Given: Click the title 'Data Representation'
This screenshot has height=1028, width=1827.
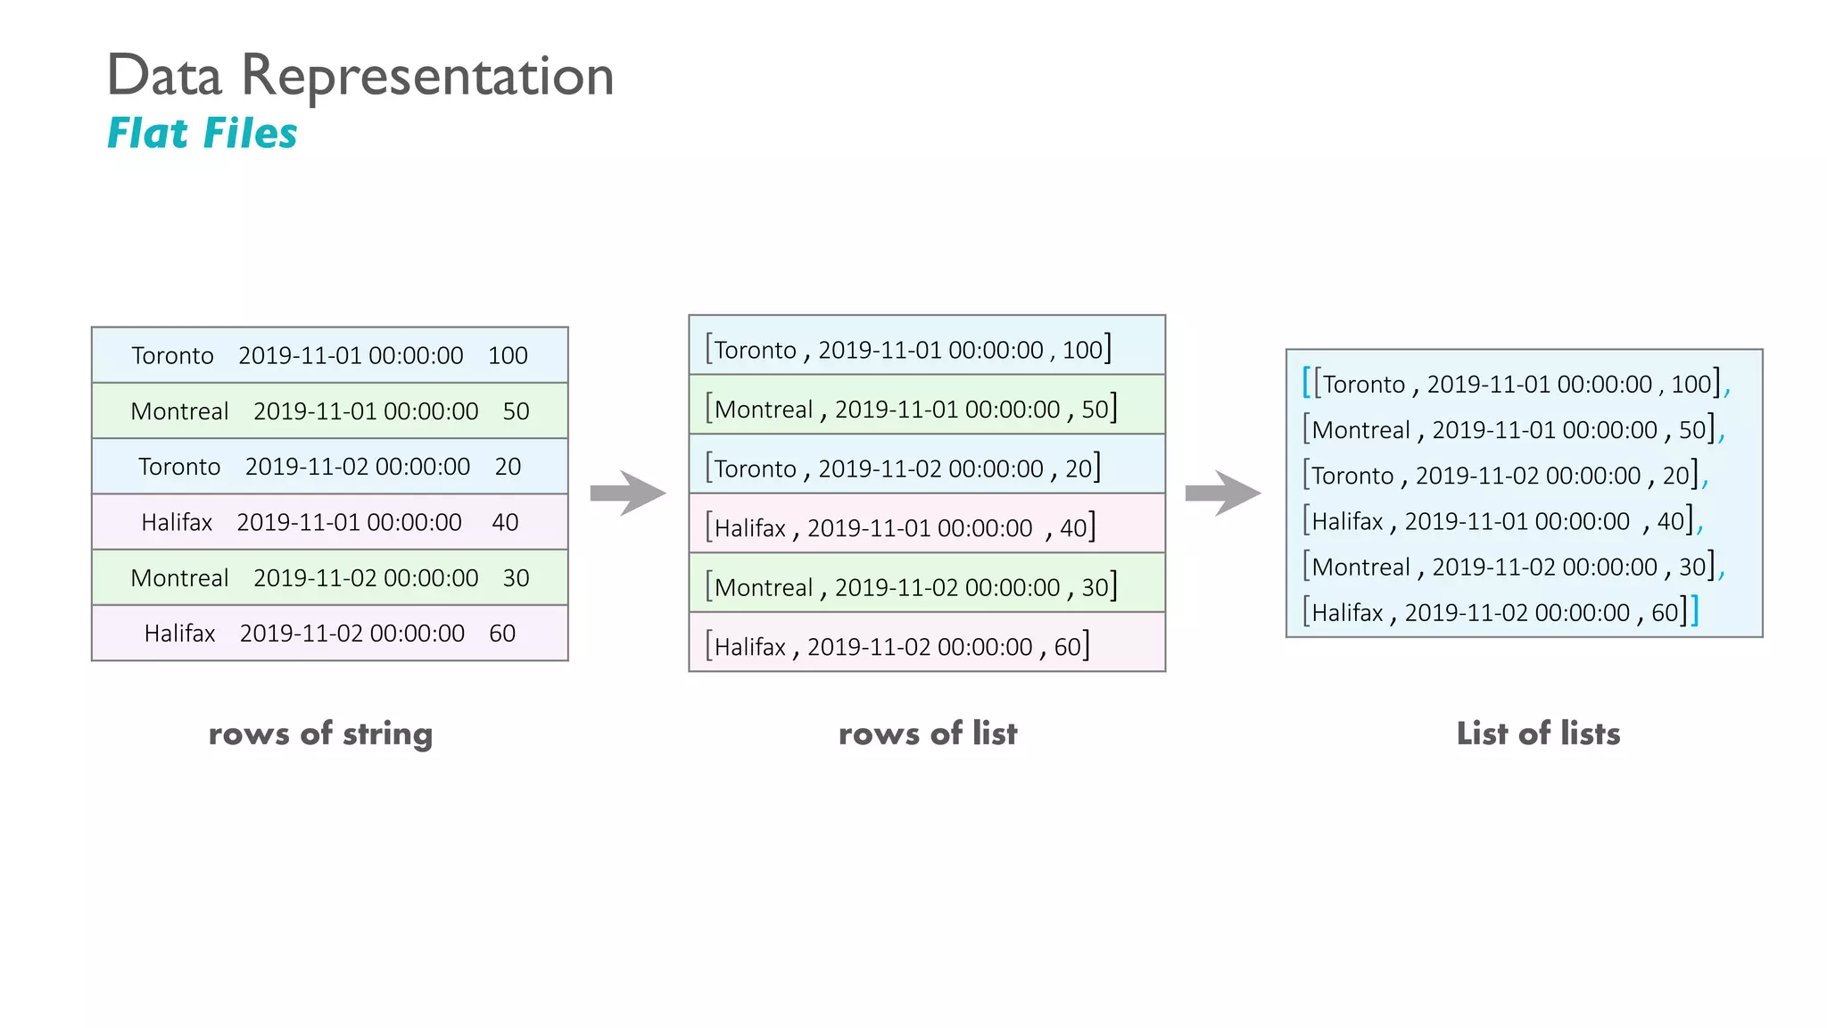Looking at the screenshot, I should click(360, 76).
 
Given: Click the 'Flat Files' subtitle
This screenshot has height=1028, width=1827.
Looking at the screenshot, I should click(202, 134).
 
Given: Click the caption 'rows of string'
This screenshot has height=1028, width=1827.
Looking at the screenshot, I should click(320, 734).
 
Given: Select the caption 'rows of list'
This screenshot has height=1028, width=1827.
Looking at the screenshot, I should click(927, 734).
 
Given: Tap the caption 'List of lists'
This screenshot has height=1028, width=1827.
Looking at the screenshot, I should click(1538, 734).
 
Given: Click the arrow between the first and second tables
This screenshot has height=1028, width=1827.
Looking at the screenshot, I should click(628, 493).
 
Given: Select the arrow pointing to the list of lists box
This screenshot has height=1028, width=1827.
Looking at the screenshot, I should click(1223, 493).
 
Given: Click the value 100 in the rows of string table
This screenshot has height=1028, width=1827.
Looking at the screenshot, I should click(508, 356).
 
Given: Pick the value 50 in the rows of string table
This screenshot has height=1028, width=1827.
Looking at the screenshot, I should click(516, 411).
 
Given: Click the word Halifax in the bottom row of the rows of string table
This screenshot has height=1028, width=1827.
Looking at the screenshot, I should click(179, 634).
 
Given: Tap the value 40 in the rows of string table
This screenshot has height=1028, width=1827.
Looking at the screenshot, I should click(505, 523).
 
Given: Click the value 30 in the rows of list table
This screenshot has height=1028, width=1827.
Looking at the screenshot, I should click(1095, 587).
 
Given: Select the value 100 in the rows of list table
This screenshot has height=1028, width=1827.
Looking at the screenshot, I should click(1082, 350).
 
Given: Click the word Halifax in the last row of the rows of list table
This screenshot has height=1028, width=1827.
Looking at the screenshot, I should click(750, 647).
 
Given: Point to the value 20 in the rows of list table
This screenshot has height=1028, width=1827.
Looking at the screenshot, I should click(1078, 468).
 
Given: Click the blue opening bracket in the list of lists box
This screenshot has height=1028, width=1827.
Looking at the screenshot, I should click(1306, 382).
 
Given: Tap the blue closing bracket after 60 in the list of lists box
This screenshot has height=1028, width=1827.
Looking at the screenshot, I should click(1694, 610).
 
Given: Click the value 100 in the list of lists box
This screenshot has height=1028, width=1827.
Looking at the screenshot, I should click(1691, 385).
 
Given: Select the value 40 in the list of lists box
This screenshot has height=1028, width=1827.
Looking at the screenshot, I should click(1670, 521).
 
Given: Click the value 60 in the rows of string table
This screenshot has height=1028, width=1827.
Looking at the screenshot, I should click(502, 634).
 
